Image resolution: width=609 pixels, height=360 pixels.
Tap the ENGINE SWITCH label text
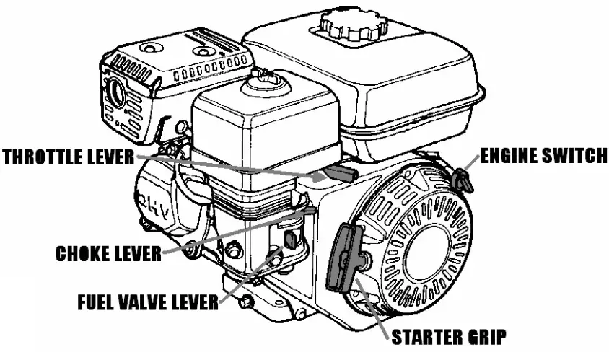point(543,157)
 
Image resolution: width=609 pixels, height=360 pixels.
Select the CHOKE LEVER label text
point(108,253)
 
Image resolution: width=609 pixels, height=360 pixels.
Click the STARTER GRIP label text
point(447,336)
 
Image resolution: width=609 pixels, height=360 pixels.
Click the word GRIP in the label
point(481,336)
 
